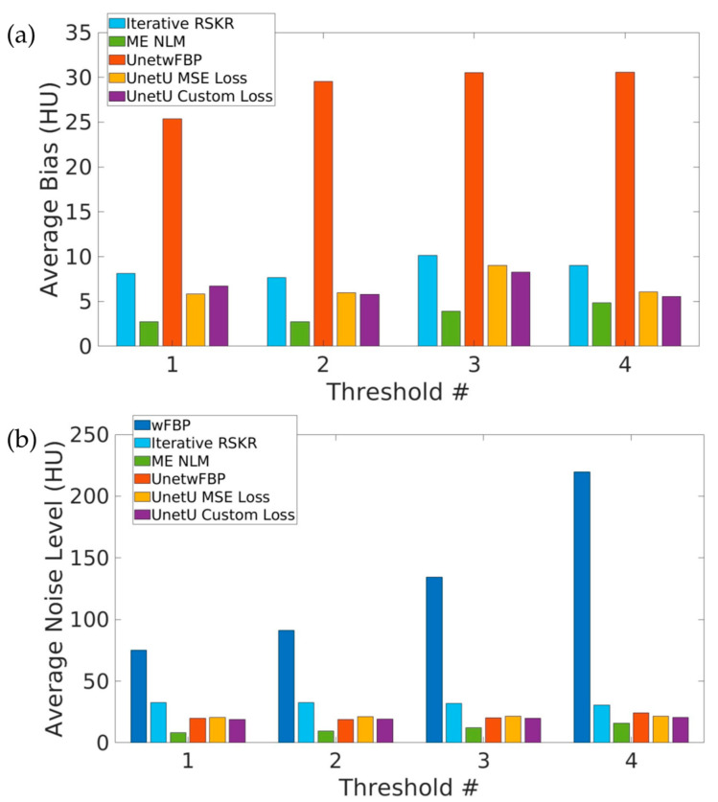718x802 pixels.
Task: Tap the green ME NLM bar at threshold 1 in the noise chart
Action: click(178, 737)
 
